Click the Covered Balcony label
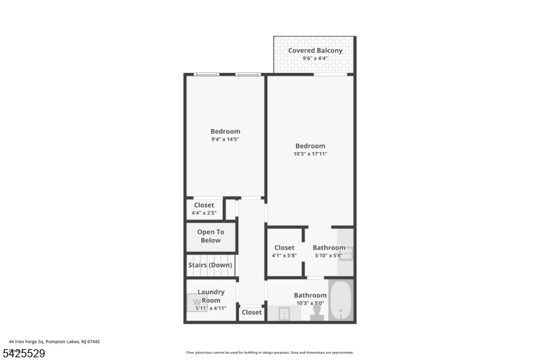coord(315,51)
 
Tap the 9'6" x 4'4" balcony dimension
coord(315,59)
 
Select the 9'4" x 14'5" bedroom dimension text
coord(225,139)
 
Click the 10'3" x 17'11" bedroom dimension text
coord(310,154)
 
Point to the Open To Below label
coord(210,236)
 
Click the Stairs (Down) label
coord(210,265)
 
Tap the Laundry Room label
coord(211,296)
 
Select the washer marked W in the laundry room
coord(196,302)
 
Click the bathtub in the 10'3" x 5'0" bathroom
coord(341,299)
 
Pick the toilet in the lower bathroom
coord(317,311)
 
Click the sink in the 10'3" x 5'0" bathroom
coord(284,314)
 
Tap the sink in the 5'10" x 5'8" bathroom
coord(346,253)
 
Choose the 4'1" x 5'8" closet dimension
coord(284,256)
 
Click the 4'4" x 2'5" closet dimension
coord(203,213)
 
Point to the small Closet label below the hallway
coord(251,312)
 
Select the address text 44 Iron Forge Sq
coord(54,342)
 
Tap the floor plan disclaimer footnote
coord(269,352)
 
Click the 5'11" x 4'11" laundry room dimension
coord(211,308)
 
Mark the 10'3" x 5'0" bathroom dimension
coord(310,303)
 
